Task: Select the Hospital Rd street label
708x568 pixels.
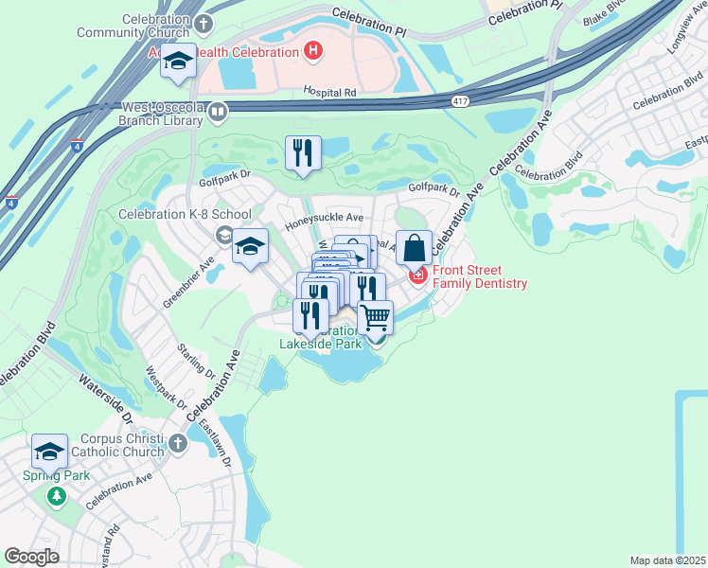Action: [x=329, y=93]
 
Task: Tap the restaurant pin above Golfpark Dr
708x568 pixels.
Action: [x=304, y=153]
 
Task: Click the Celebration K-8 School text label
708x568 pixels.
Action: [x=185, y=214]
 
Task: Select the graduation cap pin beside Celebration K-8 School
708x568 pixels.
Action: [x=250, y=248]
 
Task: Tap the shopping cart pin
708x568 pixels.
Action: [x=376, y=317]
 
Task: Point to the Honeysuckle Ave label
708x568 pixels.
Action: [x=324, y=217]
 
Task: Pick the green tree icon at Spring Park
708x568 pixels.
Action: [x=57, y=495]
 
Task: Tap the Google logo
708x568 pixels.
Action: [x=32, y=557]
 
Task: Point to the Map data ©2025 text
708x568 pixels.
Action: [x=667, y=560]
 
